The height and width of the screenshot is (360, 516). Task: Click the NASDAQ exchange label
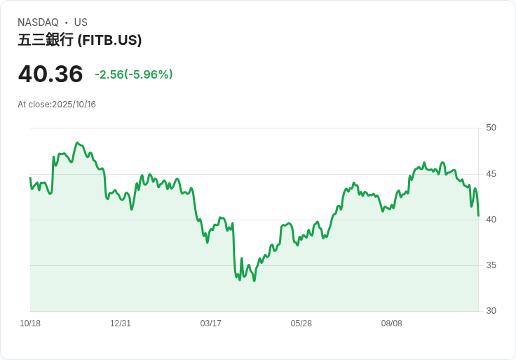coord(38,22)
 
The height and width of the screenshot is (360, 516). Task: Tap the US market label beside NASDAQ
coord(81,22)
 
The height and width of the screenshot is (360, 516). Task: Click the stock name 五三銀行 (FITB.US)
coord(80,40)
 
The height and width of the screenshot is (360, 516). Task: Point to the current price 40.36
coord(50,74)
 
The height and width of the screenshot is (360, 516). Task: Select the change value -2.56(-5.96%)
coord(133,74)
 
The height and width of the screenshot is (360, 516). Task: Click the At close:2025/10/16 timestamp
coord(57,105)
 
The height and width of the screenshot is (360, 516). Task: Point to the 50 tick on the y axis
coord(491,128)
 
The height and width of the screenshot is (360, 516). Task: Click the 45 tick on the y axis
coord(491,174)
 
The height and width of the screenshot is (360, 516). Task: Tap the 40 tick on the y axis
coord(491,220)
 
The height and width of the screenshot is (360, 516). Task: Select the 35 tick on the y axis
coord(491,265)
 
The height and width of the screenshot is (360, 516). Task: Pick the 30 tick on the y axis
coord(491,311)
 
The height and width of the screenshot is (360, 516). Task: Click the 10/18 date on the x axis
coord(30,324)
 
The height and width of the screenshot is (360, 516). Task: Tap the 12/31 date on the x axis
coord(121,324)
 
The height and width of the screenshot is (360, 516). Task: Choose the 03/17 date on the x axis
coord(211,324)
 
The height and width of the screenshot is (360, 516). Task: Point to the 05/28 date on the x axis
coord(301,324)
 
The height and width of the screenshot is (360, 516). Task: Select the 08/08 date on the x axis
coord(392,324)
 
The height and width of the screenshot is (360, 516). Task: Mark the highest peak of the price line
coord(77,143)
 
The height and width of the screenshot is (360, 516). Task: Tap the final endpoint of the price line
coord(478,215)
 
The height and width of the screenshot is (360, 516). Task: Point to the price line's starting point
coord(30,178)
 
